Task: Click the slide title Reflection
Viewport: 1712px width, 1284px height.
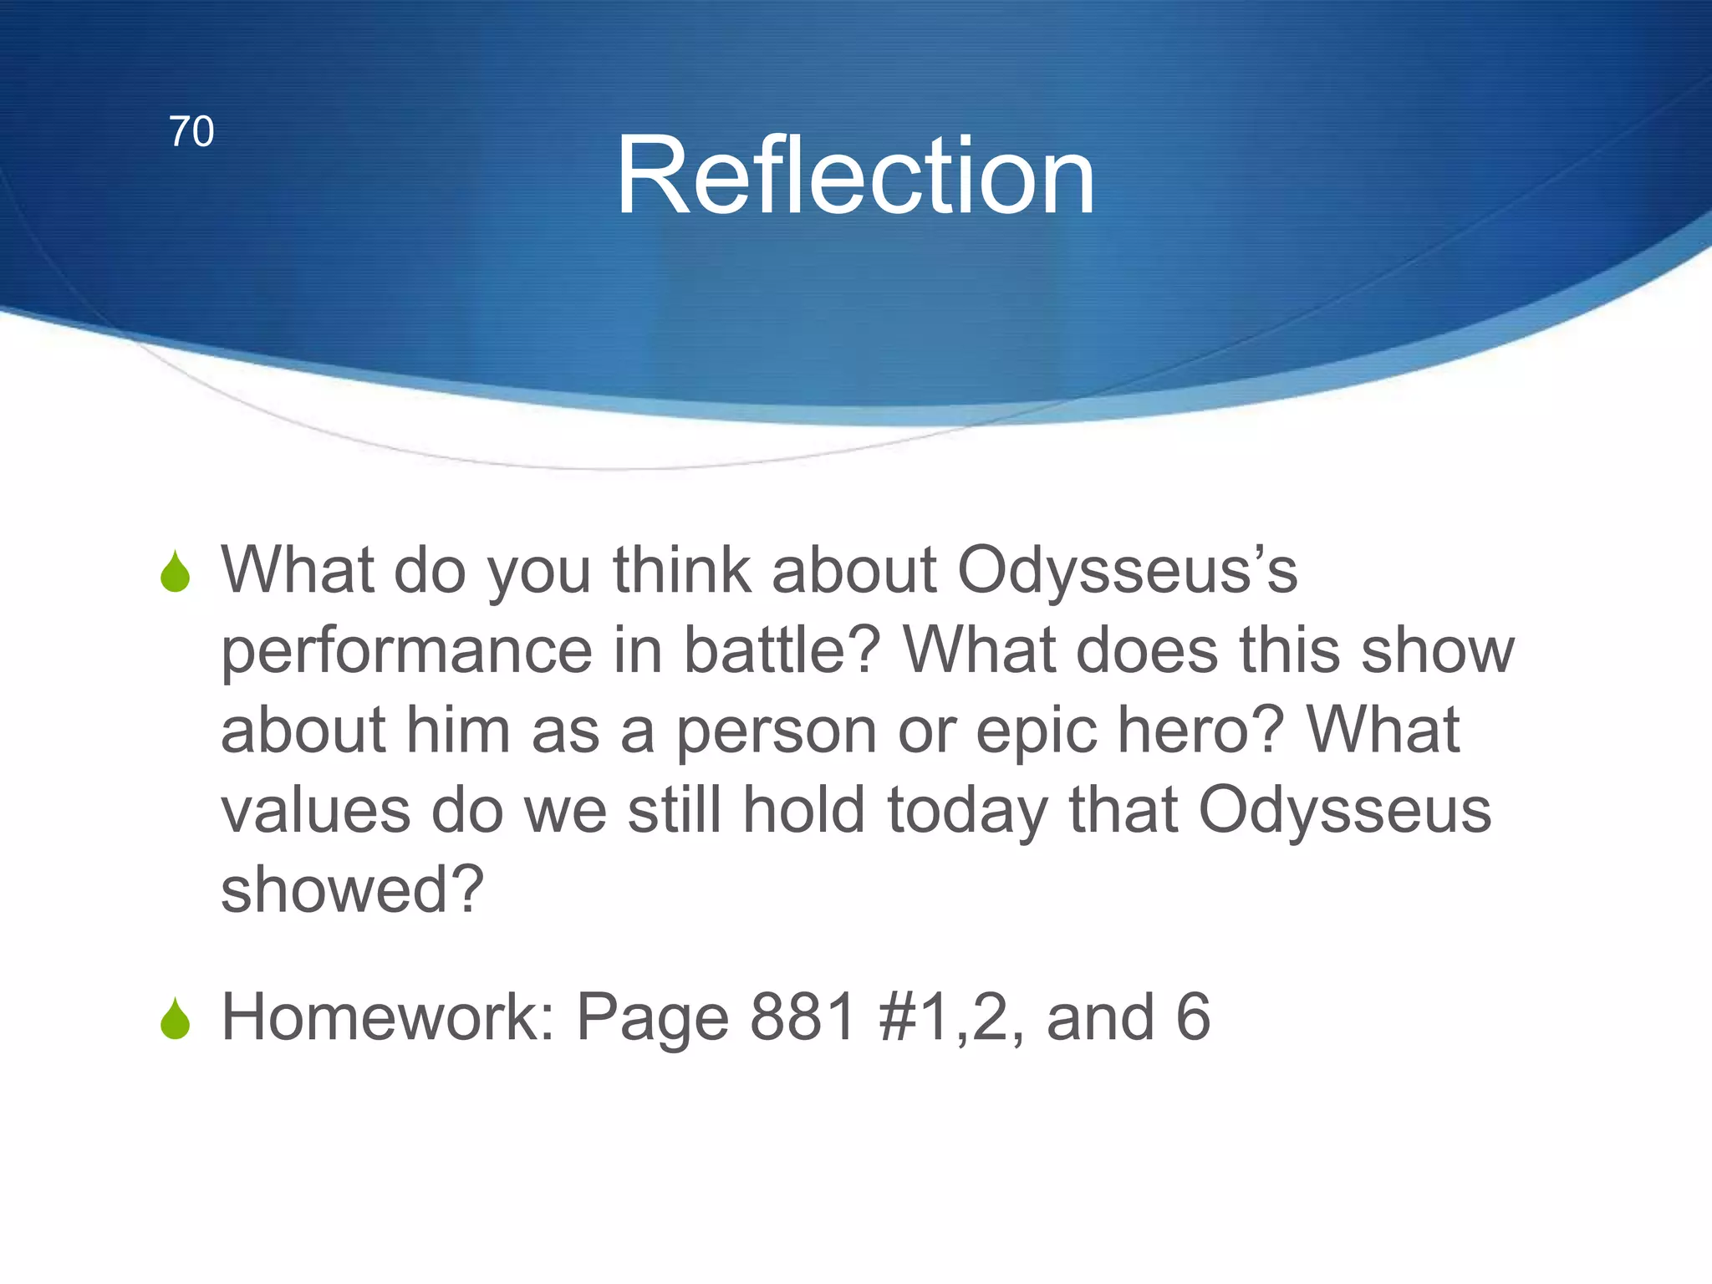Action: [x=855, y=176]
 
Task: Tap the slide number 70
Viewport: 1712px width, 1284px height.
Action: [x=191, y=132]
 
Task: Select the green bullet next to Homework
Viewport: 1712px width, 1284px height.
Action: [x=176, y=1019]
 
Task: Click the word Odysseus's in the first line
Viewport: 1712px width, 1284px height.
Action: [x=1127, y=572]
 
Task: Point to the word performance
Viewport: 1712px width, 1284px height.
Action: [x=406, y=652]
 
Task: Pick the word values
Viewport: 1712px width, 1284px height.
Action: [x=315, y=811]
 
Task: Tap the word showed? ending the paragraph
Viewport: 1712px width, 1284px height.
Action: [x=352, y=889]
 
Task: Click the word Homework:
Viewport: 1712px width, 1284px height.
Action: [x=388, y=1018]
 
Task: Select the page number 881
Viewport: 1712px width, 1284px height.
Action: [x=802, y=1017]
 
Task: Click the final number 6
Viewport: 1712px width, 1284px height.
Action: [x=1193, y=1017]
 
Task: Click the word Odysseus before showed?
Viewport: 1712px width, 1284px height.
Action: [x=1344, y=811]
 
